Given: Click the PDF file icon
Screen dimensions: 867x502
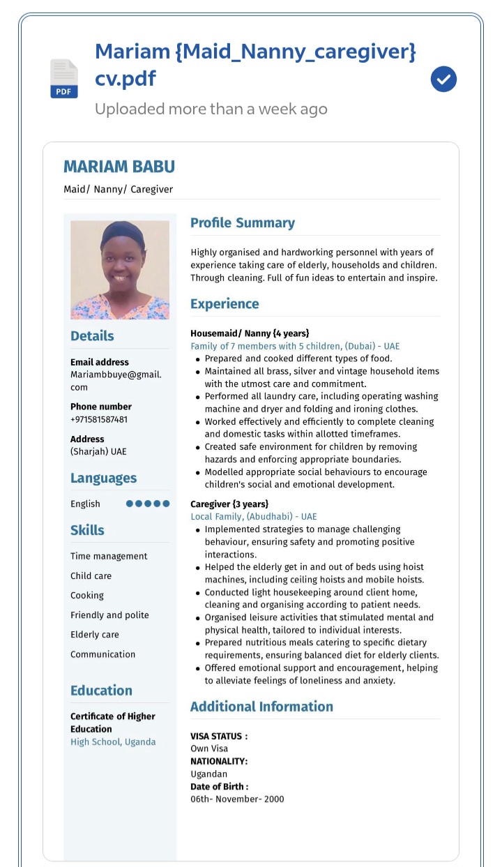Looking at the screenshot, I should pos(63,78).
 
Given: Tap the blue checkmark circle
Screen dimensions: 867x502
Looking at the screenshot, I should pos(443,80).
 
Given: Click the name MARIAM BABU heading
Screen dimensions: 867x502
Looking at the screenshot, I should pos(119,167).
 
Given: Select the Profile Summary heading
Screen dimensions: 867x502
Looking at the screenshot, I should pos(242,223).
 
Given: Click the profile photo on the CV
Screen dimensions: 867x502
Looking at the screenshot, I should pos(120,270).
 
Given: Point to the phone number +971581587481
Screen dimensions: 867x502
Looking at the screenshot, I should pos(99,419).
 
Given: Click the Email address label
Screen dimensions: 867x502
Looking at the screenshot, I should pos(100,362).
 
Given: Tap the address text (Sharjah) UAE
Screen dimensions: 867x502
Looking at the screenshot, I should pos(98,451).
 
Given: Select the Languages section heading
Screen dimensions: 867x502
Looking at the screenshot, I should pos(103,478).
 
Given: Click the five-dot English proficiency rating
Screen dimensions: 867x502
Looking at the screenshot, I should pos(148,504).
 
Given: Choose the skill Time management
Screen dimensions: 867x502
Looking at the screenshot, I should pos(109,556).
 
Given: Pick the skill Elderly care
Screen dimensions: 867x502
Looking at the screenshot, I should pos(95,635).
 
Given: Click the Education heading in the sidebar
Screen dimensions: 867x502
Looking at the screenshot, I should pos(101,691).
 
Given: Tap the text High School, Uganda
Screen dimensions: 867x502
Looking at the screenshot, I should pos(113,741).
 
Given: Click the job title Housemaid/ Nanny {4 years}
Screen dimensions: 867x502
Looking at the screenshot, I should pos(250,333).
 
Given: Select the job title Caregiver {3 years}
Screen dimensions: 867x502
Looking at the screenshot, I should pos(229,504).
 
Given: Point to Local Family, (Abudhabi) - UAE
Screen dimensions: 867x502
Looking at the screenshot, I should pos(254,517).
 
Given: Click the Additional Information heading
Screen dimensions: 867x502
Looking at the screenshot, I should pos(261,707).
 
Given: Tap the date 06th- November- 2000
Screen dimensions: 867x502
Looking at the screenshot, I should pos(237,799).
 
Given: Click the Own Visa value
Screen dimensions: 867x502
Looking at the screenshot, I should pos(209,748).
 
